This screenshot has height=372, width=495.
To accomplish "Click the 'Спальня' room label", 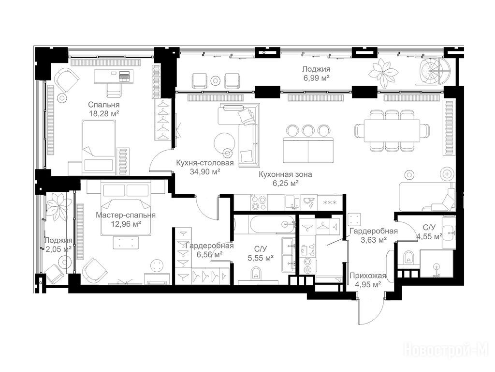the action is coord(104,105).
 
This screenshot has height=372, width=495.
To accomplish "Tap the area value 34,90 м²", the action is coord(205,172).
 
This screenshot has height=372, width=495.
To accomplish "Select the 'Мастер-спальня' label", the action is coord(126,216).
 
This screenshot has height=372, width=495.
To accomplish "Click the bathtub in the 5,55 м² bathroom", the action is coord(273,225).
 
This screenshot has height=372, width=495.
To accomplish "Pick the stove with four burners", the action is coord(259,202).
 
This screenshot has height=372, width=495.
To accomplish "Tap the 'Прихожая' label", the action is coord(368,276).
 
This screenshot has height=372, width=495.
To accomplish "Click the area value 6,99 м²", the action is coord(316,78).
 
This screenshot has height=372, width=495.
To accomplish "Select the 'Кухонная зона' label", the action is coord(285,174).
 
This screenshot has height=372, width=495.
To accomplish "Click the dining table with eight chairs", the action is coord(392,131).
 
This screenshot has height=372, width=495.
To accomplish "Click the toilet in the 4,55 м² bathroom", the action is coord(409,258).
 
